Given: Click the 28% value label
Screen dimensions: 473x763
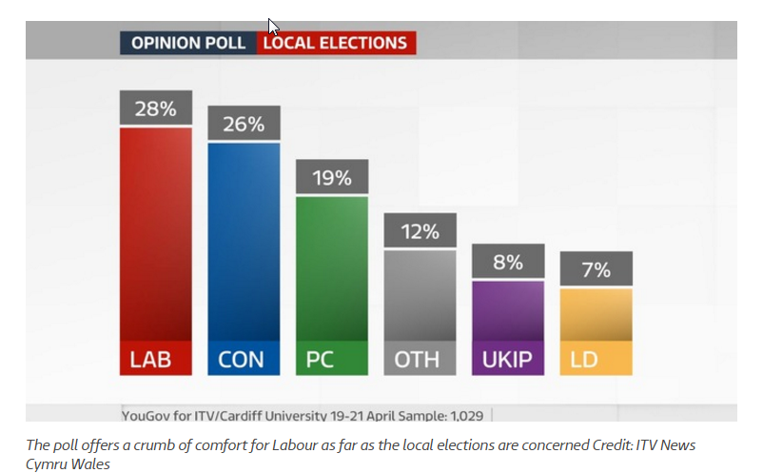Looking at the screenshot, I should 155,108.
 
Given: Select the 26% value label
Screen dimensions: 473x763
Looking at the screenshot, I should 244,124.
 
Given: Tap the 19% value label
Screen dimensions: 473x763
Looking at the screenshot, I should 331,177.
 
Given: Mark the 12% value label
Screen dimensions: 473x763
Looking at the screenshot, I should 420,231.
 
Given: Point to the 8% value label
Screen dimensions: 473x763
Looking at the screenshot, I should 508,262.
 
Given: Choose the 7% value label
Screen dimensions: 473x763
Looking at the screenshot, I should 596,269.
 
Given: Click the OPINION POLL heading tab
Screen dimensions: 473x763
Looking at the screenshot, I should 188,43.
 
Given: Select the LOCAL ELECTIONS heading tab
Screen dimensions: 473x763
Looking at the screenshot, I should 335,43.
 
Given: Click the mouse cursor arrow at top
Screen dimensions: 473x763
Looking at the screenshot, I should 274,26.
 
